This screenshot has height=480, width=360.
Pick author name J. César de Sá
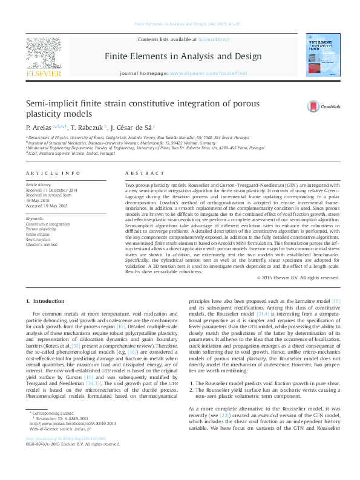132,128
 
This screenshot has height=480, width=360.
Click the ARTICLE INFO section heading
53,173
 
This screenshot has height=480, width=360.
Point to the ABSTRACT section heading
140,173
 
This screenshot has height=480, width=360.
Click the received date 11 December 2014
51,190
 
